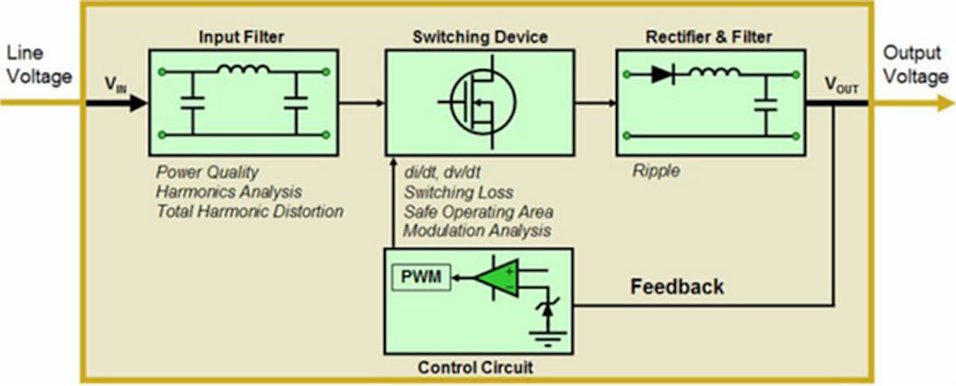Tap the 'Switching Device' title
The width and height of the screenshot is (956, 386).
pyautogui.click(x=480, y=37)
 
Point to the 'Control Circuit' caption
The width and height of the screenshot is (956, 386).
pyautogui.click(x=476, y=368)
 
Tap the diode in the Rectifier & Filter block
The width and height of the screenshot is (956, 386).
pyautogui.click(x=663, y=74)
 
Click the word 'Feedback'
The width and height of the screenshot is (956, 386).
pyautogui.click(x=677, y=287)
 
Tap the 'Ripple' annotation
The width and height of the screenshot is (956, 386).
pyautogui.click(x=656, y=171)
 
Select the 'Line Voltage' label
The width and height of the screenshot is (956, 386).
pyautogui.click(x=39, y=65)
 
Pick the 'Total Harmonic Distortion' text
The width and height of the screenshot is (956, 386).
pyautogui.click(x=249, y=212)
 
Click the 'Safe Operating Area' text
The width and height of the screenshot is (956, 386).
pyautogui.click(x=478, y=212)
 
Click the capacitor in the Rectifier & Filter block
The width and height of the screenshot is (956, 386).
pyautogui.click(x=766, y=103)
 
